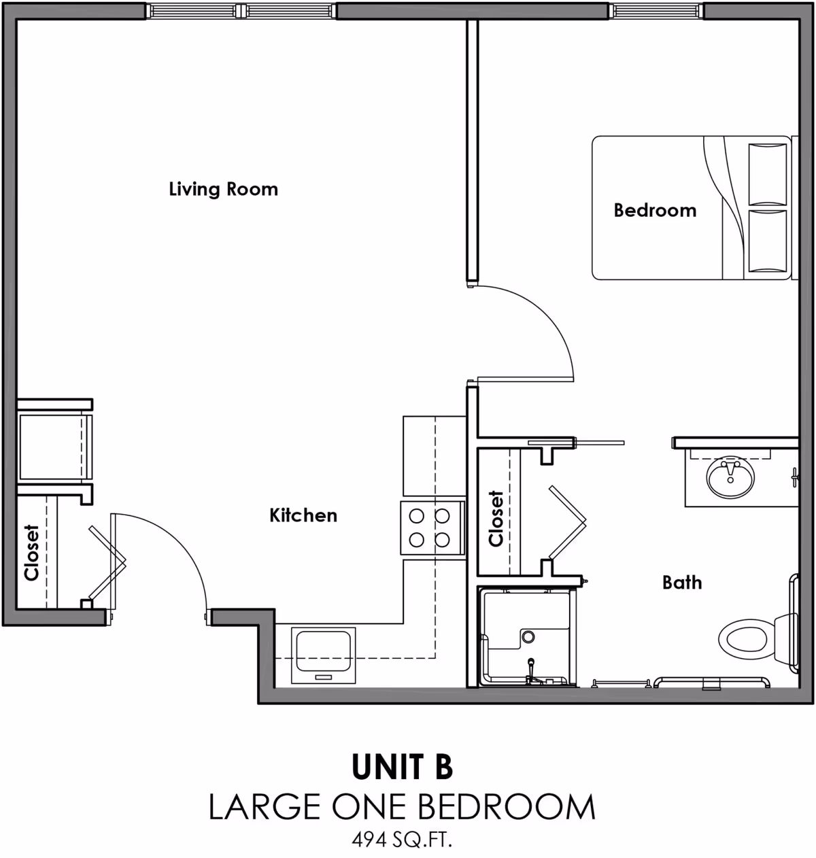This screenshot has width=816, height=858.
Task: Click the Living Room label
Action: coord(223,189)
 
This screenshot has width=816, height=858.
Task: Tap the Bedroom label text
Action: coord(655,210)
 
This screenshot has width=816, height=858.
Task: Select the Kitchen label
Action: coord(303,515)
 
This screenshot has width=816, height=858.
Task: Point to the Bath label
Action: coord(682,583)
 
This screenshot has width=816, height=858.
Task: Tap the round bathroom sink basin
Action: coord(730,478)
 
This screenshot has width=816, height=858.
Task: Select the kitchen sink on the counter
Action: coord(324,655)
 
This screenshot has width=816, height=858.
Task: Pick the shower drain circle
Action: coord(528,636)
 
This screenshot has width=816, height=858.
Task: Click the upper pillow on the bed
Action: coord(767,173)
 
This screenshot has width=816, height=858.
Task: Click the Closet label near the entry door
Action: coord(31,552)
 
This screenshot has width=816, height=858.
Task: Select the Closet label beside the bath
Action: coord(496,518)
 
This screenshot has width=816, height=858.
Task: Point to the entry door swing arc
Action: coord(184,544)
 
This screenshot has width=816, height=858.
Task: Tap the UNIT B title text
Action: coord(402,767)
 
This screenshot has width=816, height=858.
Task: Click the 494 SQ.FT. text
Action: coord(402,840)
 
